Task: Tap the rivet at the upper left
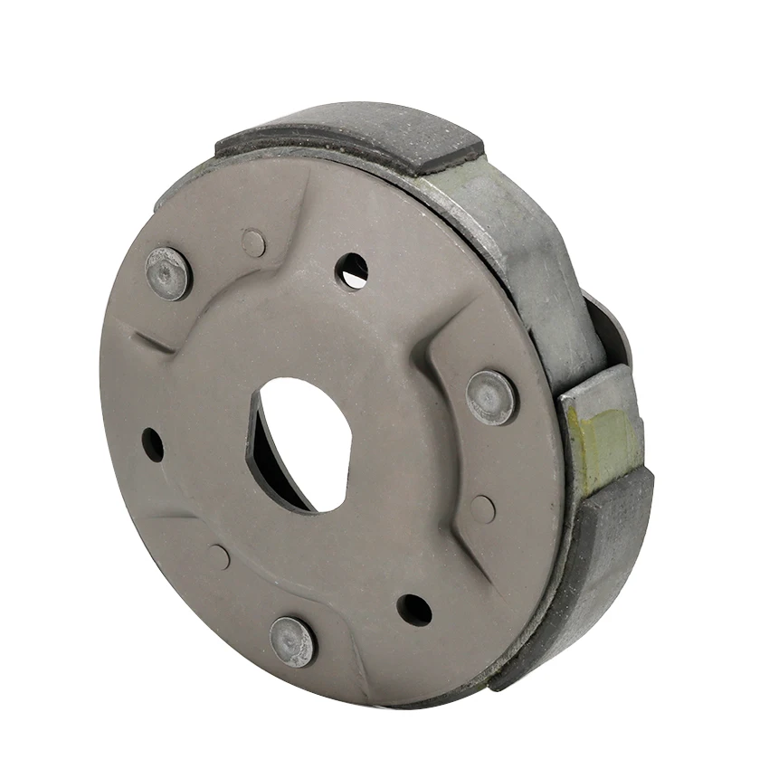(168, 272)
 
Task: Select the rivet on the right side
(492, 396)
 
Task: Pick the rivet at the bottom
(293, 641)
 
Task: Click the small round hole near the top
(352, 270)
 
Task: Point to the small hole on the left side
(153, 444)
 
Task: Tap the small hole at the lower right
(414, 609)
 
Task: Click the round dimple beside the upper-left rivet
(253, 242)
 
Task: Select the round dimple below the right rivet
(482, 509)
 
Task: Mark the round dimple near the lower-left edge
(218, 556)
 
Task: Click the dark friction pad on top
(362, 136)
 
